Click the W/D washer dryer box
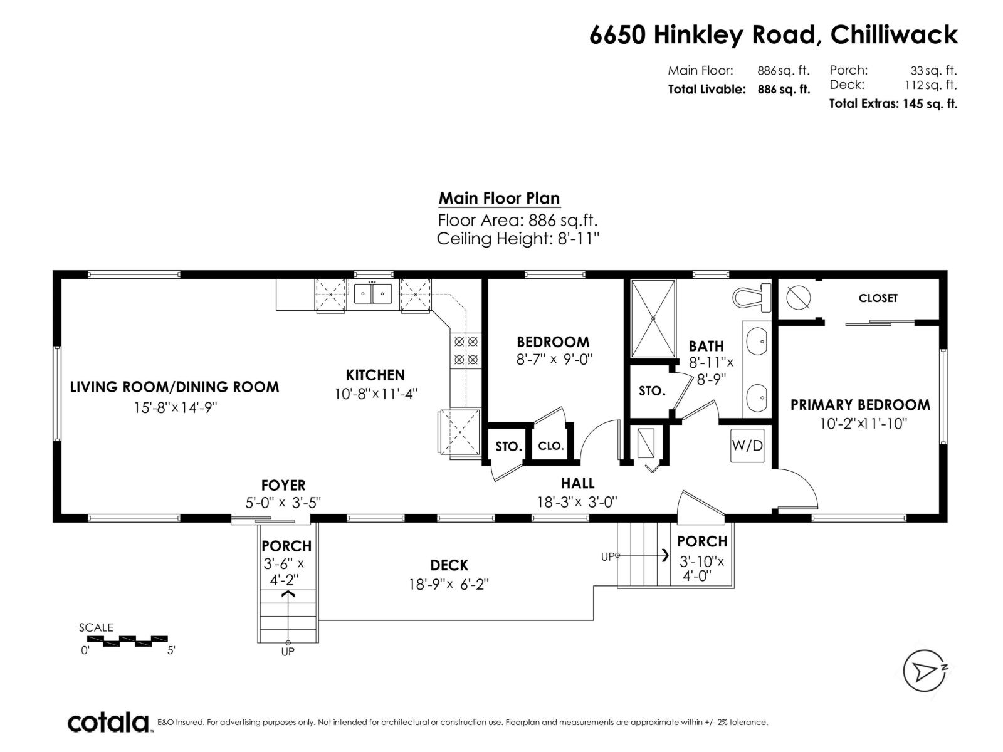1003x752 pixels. [747, 446]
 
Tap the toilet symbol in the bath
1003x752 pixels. [752, 298]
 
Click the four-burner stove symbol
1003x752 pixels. [466, 351]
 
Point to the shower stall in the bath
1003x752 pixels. [653, 319]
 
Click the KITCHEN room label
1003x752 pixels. [375, 375]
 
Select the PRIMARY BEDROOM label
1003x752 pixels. [860, 405]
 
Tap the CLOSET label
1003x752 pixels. [878, 298]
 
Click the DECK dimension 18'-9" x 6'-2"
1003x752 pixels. [449, 584]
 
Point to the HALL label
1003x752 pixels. [577, 483]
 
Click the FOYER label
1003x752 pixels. [283, 485]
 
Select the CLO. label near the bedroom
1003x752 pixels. [551, 446]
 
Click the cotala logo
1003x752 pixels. [108, 723]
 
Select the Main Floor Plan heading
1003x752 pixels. [499, 198]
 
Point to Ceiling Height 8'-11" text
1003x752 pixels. [518, 239]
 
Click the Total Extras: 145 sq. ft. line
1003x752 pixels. [893, 104]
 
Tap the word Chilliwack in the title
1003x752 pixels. [894, 34]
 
